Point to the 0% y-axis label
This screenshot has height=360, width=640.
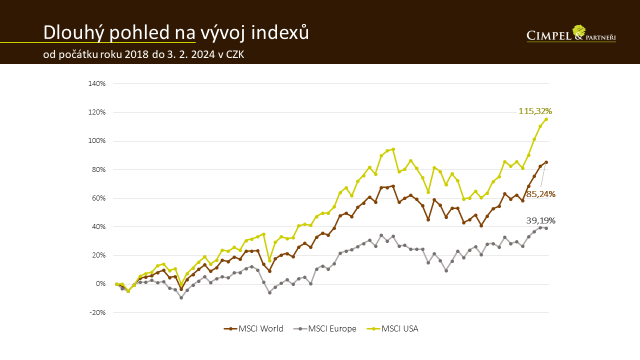[100, 284]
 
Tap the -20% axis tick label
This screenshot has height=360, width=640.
[98, 312]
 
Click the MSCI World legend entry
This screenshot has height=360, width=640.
[253, 328]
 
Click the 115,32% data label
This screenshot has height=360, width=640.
[535, 111]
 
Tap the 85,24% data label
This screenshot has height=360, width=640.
[540, 194]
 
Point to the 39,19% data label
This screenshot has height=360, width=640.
[540, 220]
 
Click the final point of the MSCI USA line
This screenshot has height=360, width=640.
[546, 119]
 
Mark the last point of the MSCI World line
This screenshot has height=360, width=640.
[546, 162]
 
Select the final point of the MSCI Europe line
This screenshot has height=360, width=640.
[546, 228]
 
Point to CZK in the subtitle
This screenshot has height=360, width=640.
[235, 54]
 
